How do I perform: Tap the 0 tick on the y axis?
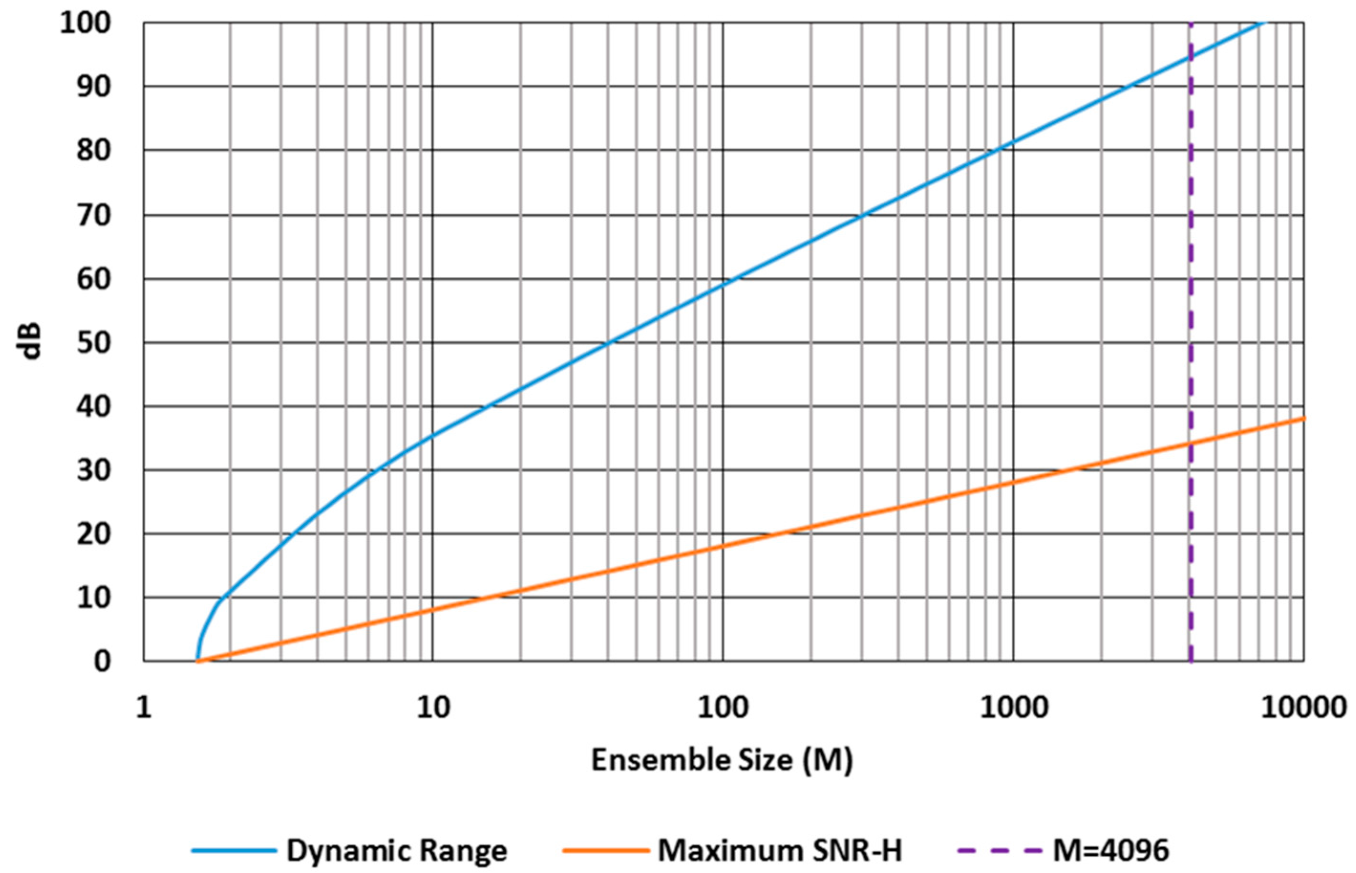pos(102,661)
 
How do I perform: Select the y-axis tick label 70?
pos(93,215)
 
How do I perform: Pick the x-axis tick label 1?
pos(144,708)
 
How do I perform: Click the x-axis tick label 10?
pos(434,708)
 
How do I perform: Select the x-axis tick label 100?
pos(723,708)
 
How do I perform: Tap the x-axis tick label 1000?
pos(1014,708)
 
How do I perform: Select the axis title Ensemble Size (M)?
pos(722,761)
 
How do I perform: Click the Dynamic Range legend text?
pos(397,851)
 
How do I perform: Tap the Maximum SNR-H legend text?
pos(779,851)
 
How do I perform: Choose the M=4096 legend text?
pos(1111,851)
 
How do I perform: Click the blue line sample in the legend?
pos(234,851)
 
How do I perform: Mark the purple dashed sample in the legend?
pos(999,851)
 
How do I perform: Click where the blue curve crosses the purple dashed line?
pos(1190,57)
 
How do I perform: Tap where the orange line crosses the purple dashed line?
pos(1190,443)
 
